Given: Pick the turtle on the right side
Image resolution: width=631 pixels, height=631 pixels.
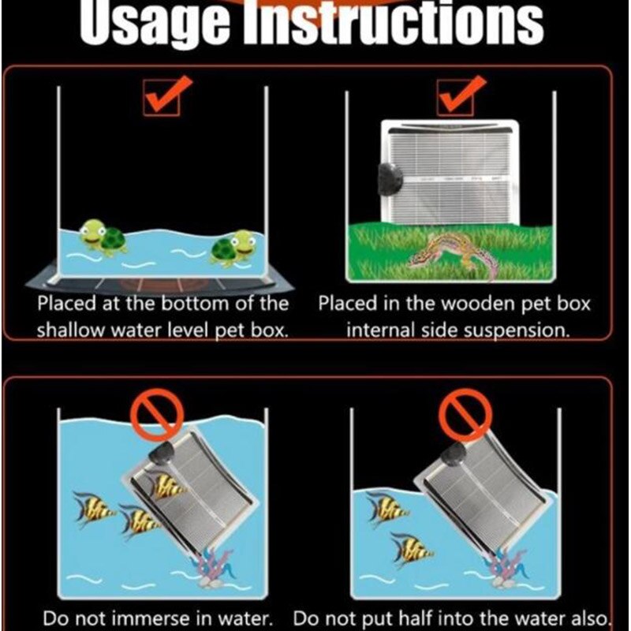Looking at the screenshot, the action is tap(233, 247).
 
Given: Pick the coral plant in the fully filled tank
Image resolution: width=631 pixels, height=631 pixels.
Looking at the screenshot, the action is tap(213, 568).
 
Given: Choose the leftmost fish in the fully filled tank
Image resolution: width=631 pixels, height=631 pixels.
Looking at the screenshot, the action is tap(93, 507).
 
